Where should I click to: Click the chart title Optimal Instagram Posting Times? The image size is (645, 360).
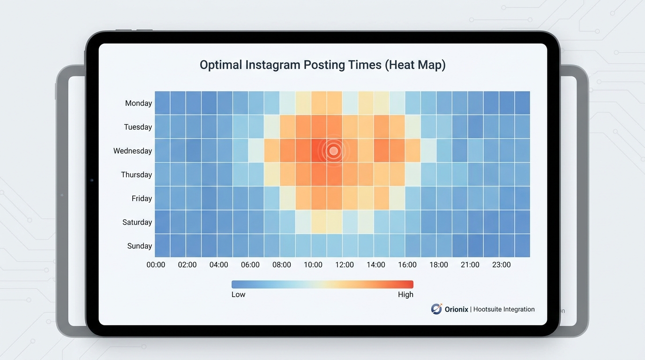pos(322,65)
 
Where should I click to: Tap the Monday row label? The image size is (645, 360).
pos(138,103)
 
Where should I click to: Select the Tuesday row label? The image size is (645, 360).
pos(138,127)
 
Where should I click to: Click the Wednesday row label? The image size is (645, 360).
pos(133,151)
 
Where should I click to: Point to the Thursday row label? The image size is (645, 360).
pos(136,175)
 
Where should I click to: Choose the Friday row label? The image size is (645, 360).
pos(142,199)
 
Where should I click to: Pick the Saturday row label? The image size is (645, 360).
pos(137,222)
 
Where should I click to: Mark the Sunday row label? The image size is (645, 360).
pos(139,246)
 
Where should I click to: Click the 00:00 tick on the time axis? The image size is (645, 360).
pos(156,265)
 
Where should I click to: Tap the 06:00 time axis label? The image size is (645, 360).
pos(250,265)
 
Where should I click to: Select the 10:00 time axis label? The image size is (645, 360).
pos(313,265)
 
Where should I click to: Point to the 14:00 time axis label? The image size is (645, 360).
pos(376,265)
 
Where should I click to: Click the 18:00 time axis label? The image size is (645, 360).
pos(439,265)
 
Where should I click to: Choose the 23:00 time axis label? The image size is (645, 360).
pos(502,265)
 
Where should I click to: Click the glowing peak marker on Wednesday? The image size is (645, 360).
pos(333,151)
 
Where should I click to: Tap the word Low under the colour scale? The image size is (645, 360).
pos(238,294)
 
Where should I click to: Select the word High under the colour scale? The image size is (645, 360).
pos(405,294)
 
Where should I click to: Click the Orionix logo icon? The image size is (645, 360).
pos(436,309)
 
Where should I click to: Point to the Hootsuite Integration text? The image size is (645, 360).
pos(504,309)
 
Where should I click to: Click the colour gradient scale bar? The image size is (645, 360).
pos(322,284)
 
